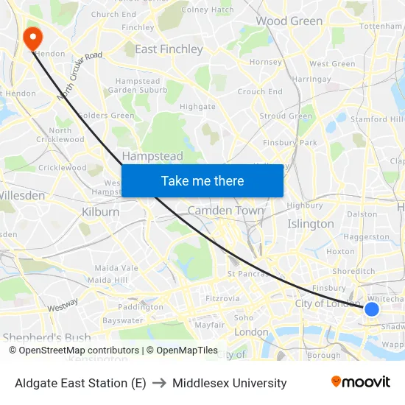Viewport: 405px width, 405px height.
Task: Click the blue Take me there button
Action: [x=202, y=180]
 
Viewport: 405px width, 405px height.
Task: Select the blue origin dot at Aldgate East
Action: [x=372, y=309]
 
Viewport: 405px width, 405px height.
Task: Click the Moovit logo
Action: [x=360, y=382]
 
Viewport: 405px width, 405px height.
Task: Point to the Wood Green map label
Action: [x=289, y=21]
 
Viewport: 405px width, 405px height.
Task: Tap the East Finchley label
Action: [x=169, y=49]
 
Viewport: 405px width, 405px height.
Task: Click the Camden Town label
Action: [x=225, y=211]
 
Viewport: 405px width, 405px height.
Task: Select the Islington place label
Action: [x=310, y=224]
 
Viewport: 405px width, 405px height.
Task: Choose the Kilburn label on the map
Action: [x=101, y=212]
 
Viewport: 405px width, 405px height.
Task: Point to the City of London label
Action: [x=328, y=304]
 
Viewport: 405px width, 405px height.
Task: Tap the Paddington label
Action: [x=141, y=306]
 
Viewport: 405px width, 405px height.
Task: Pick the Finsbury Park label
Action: [x=289, y=142]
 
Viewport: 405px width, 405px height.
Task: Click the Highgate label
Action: [x=197, y=107]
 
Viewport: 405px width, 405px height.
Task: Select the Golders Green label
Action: [x=106, y=116]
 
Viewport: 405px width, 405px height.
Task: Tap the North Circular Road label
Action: [x=80, y=76]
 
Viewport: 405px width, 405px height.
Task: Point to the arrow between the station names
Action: [x=159, y=383]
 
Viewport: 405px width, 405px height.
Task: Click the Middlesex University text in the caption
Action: [x=229, y=383]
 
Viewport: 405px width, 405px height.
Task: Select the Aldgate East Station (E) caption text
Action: [x=80, y=383]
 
